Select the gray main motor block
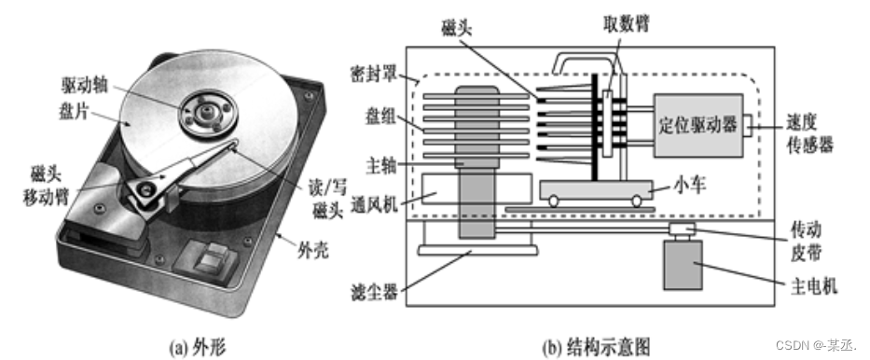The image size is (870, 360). [688, 265]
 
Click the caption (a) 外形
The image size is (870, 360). [196, 347]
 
